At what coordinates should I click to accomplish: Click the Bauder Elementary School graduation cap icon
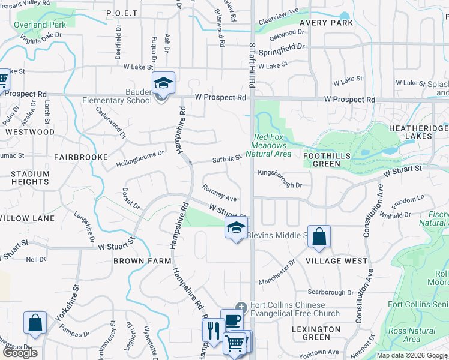pyautogui.click(x=163, y=82)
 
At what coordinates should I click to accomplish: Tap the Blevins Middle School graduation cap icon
pyautogui.click(x=236, y=227)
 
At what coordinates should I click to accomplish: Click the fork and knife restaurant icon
pyautogui.click(x=212, y=329)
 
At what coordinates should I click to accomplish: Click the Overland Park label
pyautogui.click(x=40, y=25)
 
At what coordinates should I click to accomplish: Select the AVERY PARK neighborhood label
pyautogui.click(x=330, y=23)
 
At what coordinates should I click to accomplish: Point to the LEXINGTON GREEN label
pyautogui.click(x=316, y=335)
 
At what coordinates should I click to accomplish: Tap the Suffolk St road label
pyautogui.click(x=226, y=159)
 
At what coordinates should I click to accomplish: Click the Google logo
pyautogui.click(x=20, y=352)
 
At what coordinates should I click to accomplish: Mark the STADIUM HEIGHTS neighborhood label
pyautogui.click(x=29, y=178)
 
